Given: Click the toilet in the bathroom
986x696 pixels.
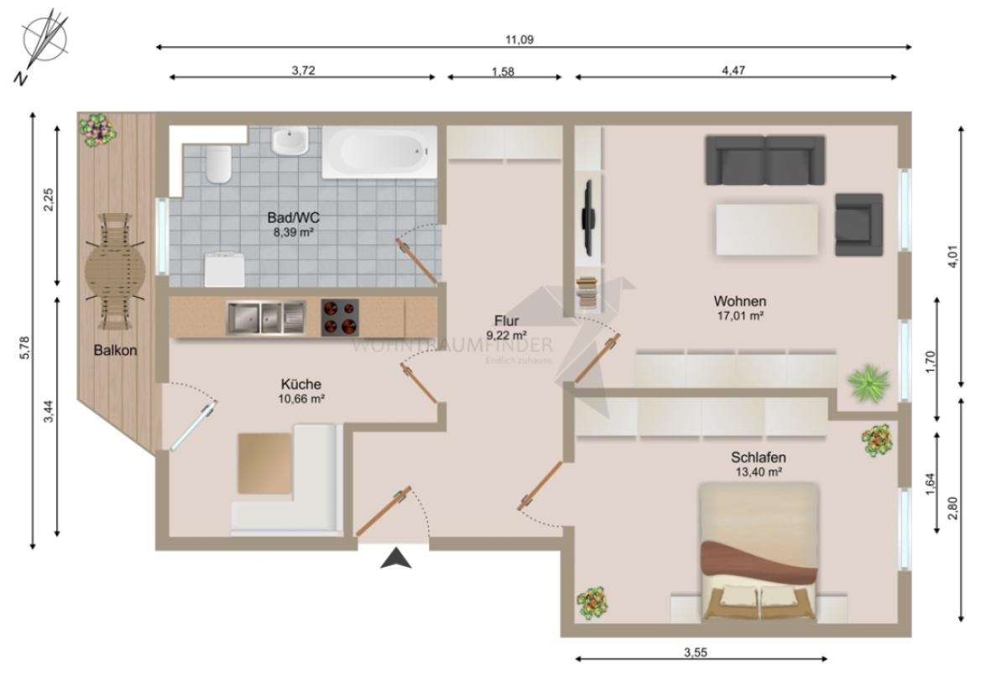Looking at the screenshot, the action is pyautogui.click(x=219, y=164).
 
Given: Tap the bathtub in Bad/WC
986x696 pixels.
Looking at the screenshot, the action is pyautogui.click(x=379, y=152).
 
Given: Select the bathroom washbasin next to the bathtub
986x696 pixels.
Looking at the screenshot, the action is pyautogui.click(x=290, y=141).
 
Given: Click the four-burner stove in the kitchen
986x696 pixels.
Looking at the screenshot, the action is pyautogui.click(x=340, y=317).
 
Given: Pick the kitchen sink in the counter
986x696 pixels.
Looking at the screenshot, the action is pyautogui.click(x=266, y=318).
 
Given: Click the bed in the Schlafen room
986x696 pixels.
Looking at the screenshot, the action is pyautogui.click(x=759, y=552).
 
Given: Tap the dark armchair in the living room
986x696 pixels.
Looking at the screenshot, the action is pyautogui.click(x=858, y=224).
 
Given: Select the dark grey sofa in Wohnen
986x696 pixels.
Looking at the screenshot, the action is pyautogui.click(x=764, y=160).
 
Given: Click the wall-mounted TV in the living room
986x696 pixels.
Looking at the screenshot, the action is pyautogui.click(x=588, y=218).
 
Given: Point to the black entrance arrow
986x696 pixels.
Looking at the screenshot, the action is pyautogui.click(x=395, y=558).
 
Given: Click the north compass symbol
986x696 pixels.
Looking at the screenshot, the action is pyautogui.click(x=43, y=43).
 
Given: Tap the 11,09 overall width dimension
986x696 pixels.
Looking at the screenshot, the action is pyautogui.click(x=519, y=39).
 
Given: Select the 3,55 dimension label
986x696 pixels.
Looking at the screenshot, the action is pyautogui.click(x=696, y=652).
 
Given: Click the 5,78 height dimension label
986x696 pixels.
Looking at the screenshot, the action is pyautogui.click(x=25, y=348).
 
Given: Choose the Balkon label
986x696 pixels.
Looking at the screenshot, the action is pyautogui.click(x=115, y=350).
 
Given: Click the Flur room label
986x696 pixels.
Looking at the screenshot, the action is pyautogui.click(x=506, y=321).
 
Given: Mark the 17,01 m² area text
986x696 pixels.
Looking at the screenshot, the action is pyautogui.click(x=740, y=316).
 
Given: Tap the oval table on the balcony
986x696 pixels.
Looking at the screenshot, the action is pyautogui.click(x=115, y=272).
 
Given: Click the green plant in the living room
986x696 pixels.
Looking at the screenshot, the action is pyautogui.click(x=868, y=382).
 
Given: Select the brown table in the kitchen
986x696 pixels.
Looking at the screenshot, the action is pyautogui.click(x=264, y=463).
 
